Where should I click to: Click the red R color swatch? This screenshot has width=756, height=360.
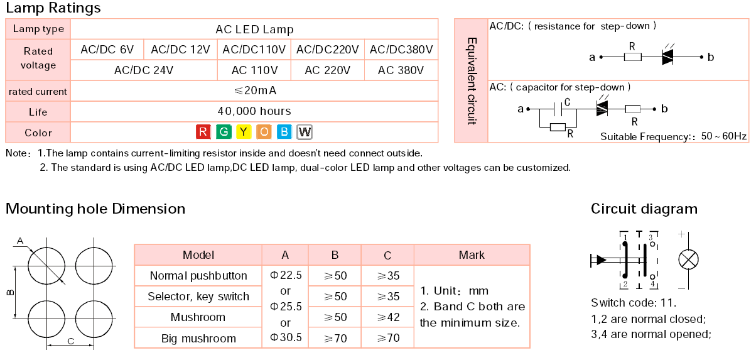(x=203, y=132)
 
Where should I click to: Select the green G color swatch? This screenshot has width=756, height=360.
(x=224, y=132)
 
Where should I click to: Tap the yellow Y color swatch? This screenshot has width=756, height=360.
(x=244, y=132)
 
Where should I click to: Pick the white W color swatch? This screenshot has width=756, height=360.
(x=305, y=132)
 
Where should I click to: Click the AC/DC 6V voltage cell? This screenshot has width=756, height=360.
(x=107, y=50)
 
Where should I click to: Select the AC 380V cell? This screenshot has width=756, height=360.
(x=401, y=70)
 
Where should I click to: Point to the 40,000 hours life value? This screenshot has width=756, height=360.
(x=254, y=111)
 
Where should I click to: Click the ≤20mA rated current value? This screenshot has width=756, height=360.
(x=255, y=90)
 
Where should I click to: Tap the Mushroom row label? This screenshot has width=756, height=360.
(x=198, y=317)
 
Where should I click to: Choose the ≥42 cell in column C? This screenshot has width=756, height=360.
(x=388, y=317)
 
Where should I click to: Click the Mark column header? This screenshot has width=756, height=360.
(x=472, y=255)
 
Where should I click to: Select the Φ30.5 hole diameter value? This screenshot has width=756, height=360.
(x=286, y=337)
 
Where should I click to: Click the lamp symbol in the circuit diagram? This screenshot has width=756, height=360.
(x=688, y=259)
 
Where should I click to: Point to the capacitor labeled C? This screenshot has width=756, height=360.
(x=558, y=109)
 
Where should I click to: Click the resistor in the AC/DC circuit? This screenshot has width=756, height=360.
(x=633, y=57)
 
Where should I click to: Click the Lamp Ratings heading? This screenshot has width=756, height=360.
(x=53, y=8)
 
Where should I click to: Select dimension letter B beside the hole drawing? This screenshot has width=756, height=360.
(x=10, y=292)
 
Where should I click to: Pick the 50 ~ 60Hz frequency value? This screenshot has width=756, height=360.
(x=723, y=136)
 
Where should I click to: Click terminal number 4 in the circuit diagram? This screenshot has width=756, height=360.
(x=653, y=284)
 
